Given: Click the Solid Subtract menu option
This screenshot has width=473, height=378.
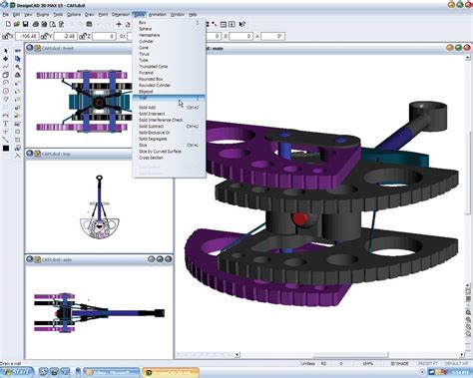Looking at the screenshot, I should (x=155, y=125).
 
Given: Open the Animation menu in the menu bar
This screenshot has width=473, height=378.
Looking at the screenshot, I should (x=156, y=16).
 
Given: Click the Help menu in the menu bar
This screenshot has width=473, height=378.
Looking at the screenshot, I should (x=193, y=16).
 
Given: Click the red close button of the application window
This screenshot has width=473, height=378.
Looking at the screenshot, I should (x=465, y=6).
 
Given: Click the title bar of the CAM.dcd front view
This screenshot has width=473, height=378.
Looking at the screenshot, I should (x=70, y=48).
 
